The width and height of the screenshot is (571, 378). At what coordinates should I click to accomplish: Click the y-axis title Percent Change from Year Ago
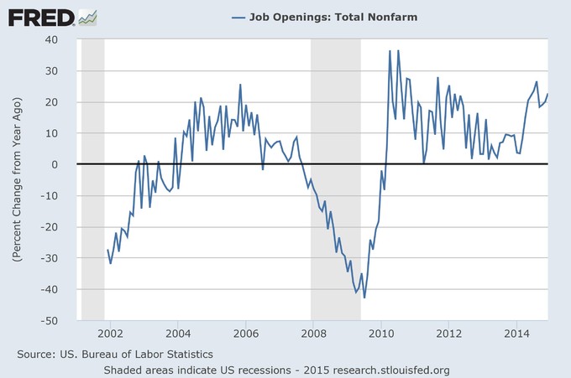pyautogui.click(x=17, y=180)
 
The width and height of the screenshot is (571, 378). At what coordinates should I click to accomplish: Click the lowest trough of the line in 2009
pyautogui.click(x=356, y=298)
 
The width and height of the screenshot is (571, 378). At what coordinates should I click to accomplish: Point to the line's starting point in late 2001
pyautogui.click(x=107, y=250)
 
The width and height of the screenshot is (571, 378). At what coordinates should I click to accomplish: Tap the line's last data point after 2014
pyautogui.click(x=547, y=94)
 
